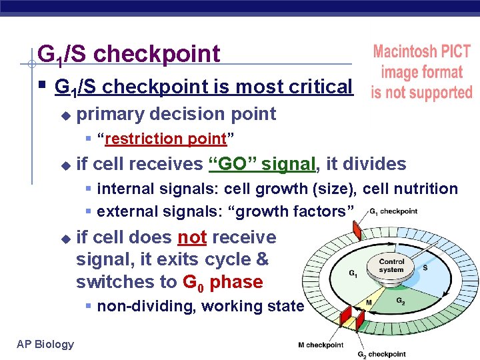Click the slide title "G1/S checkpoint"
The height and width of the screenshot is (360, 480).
(129, 54)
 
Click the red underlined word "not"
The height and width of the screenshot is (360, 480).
(192, 237)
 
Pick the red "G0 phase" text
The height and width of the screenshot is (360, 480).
(222, 282)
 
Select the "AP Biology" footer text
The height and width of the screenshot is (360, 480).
(45, 344)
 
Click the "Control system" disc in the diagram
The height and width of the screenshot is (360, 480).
(391, 266)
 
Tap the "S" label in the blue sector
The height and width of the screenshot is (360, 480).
(425, 267)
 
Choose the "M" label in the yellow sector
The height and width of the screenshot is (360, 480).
(369, 302)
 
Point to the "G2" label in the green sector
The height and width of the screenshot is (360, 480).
(400, 301)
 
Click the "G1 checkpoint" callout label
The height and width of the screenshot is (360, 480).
(393, 212)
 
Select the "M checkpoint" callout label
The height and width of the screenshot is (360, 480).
(321, 345)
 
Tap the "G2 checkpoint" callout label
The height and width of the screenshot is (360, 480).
(381, 354)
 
